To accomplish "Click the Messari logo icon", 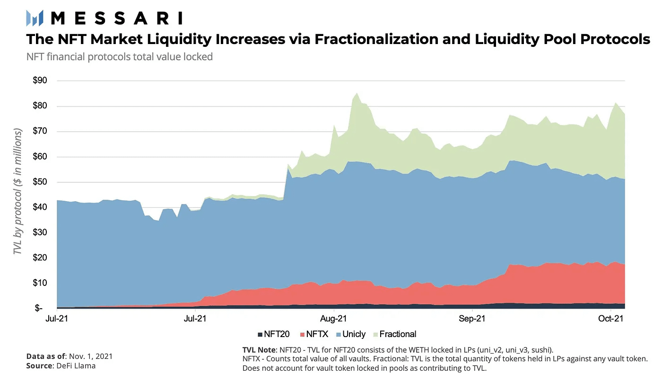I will click(35, 18).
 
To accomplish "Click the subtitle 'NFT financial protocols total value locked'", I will click(120, 57).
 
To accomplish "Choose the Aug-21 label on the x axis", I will click(334, 319).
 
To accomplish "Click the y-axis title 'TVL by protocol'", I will click(18, 189).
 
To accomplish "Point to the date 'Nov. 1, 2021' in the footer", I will click(91, 356).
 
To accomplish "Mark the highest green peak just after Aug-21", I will click(357, 93).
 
